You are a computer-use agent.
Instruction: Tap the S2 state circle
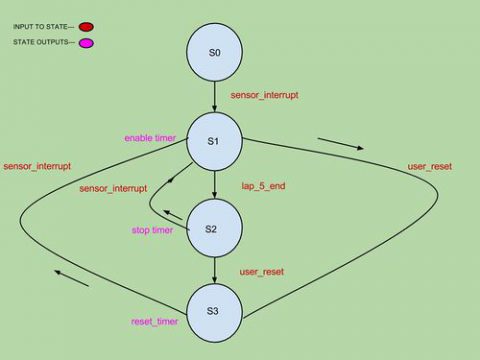pyautogui.click(x=213, y=229)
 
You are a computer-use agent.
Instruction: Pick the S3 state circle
pyautogui.click(x=213, y=311)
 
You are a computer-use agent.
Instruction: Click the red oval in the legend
pyautogui.click(x=85, y=27)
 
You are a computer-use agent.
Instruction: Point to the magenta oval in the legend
pyautogui.click(x=86, y=43)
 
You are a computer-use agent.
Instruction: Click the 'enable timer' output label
pyautogui.click(x=150, y=137)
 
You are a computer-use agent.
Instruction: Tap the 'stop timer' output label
pyautogui.click(x=152, y=230)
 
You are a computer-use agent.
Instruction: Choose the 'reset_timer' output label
pyautogui.click(x=155, y=321)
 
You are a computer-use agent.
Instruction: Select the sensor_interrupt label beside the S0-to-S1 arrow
pyautogui.click(x=264, y=96)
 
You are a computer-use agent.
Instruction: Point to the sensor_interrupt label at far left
pyautogui.click(x=37, y=165)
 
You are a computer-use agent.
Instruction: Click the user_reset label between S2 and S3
pyautogui.click(x=261, y=271)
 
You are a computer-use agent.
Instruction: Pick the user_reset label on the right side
pyautogui.click(x=430, y=165)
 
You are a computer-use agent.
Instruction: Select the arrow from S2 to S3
pyautogui.click(x=213, y=270)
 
